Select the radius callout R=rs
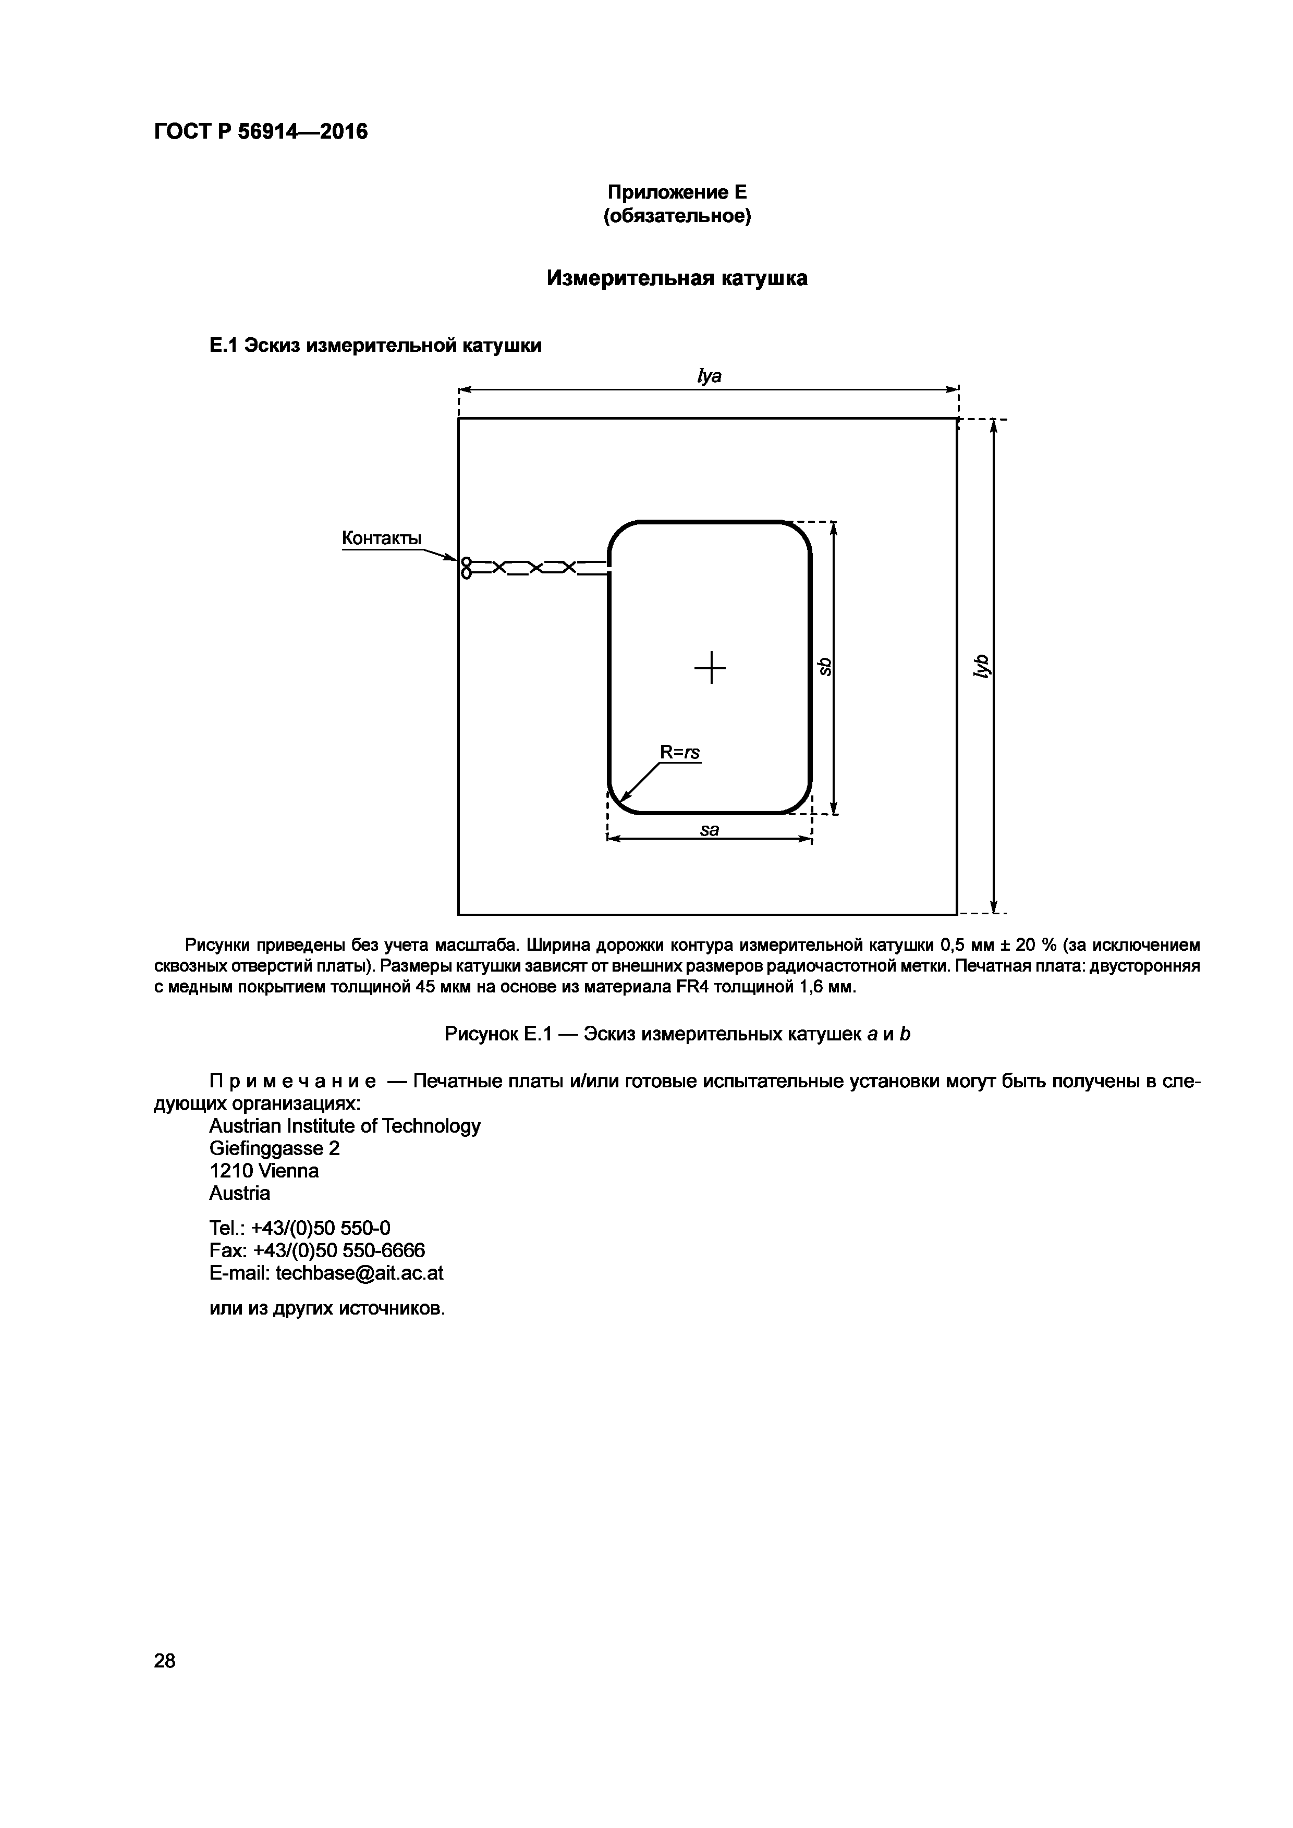[x=680, y=752]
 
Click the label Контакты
[x=381, y=538]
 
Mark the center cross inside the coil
[x=710, y=667]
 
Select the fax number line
[x=317, y=1251]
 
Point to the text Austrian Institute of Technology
[x=345, y=1126]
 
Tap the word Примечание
[x=292, y=1082]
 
